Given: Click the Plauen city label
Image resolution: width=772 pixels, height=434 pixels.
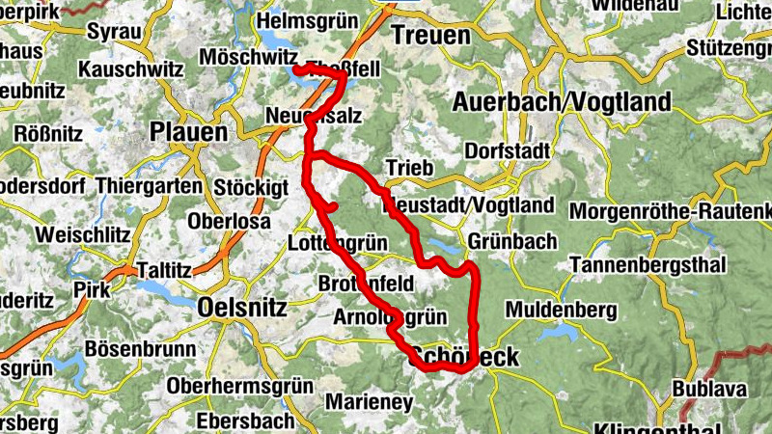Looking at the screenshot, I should point(189,131).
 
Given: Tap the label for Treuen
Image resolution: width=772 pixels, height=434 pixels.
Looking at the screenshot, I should point(430,36).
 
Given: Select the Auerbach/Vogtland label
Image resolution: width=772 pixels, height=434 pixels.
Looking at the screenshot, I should point(562,102).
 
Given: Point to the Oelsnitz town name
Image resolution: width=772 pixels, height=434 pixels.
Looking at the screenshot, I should point(241,307).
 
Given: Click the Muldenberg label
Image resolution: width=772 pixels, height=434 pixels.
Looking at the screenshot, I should point(561,310).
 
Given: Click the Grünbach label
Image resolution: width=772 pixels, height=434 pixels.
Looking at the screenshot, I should point(501,240).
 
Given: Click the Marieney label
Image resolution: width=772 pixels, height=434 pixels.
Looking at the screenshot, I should point(370,400).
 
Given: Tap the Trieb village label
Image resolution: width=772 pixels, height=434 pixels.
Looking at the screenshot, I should point(404,168).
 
